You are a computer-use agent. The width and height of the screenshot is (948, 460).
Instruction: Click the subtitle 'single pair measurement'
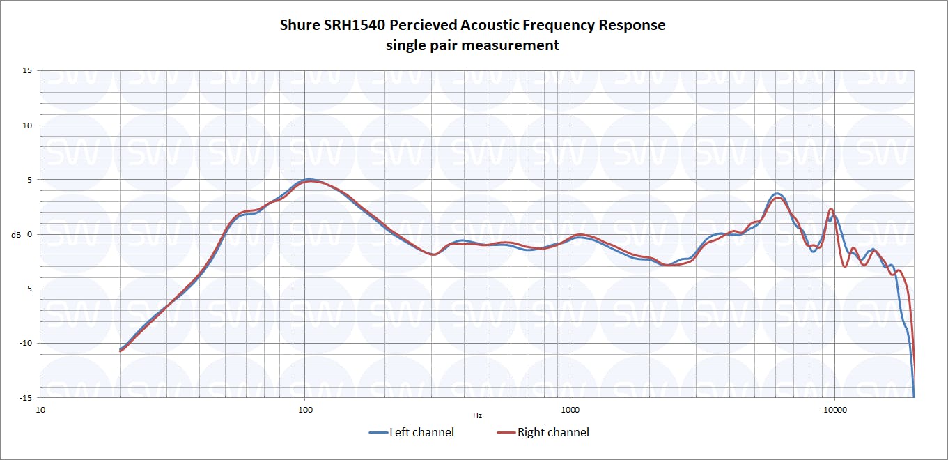click(x=472, y=45)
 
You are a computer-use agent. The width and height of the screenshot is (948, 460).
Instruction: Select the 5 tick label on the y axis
click(x=29, y=179)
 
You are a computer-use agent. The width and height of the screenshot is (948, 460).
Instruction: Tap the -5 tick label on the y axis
click(x=27, y=289)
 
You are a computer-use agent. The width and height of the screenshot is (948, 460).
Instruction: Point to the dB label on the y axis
click(x=16, y=234)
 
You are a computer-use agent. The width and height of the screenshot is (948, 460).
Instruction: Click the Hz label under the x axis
click(x=477, y=416)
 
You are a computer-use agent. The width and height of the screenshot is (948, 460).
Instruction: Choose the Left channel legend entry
click(x=412, y=432)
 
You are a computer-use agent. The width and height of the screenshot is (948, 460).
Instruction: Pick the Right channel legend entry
click(x=543, y=432)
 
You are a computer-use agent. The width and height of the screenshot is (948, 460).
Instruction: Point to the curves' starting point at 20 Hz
click(x=121, y=349)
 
